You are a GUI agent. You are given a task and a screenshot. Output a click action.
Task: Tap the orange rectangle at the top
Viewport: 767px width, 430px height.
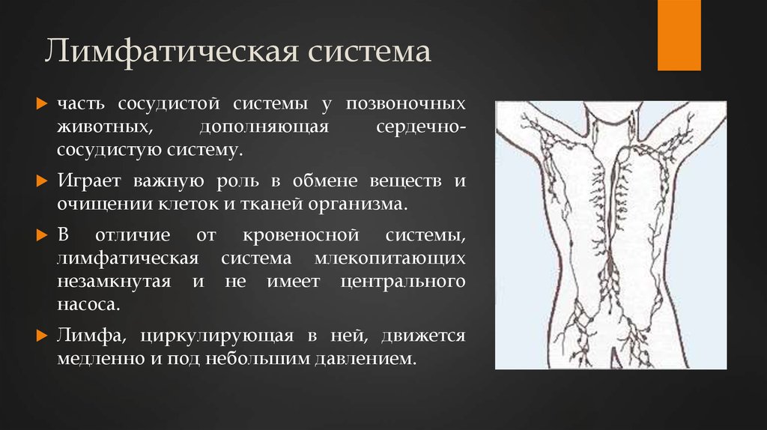coord(679,34)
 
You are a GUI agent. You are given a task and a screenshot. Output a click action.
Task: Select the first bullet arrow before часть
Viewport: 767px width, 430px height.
coord(42,102)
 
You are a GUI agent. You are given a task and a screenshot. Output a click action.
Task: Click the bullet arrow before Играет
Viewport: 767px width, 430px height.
coord(42,181)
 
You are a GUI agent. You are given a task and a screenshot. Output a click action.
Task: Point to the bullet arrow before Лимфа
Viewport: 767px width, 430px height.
coord(42,336)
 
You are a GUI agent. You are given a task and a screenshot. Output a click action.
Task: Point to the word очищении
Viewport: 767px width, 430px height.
coord(97,204)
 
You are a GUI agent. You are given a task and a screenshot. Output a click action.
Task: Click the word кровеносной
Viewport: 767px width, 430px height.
coord(293,236)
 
